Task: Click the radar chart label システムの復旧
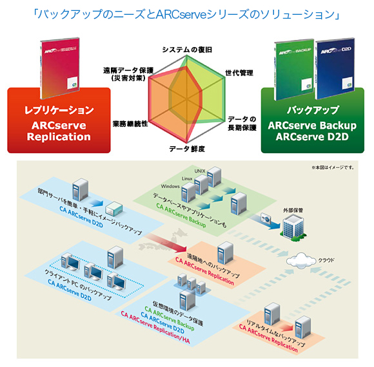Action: [186, 50]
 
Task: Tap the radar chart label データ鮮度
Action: [186, 149]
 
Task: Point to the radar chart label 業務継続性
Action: [130, 122]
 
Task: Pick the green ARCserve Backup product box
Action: [295, 64]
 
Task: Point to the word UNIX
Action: [201, 170]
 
